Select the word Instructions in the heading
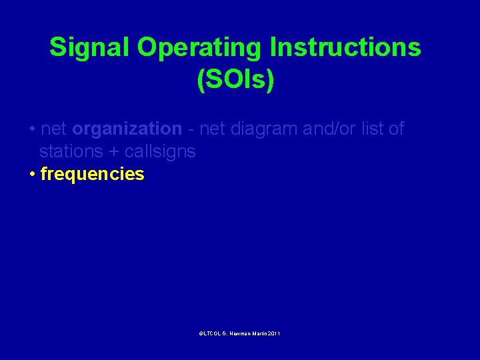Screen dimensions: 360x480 click(345, 48)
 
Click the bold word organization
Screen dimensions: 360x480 click(127, 129)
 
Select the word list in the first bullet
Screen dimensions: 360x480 click(375, 129)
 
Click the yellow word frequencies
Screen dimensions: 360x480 click(92, 175)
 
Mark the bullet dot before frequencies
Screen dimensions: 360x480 click(32, 175)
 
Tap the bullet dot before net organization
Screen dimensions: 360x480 click(32, 129)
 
